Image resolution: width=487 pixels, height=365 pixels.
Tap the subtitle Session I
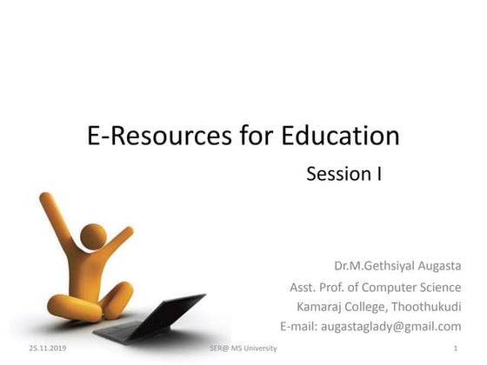pyautogui.click(x=344, y=174)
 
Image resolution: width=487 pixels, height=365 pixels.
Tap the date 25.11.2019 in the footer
pyautogui.click(x=47, y=348)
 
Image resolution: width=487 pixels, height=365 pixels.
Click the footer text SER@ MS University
pyautogui.click(x=243, y=348)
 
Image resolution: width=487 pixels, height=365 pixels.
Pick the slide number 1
pyautogui.click(x=455, y=348)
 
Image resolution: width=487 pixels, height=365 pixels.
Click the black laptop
pyautogui.click(x=152, y=317)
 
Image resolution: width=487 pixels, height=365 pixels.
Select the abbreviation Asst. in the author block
pyautogui.click(x=304, y=287)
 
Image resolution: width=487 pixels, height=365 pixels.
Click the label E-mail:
pyautogui.click(x=301, y=327)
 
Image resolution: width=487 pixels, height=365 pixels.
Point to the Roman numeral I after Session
pyautogui.click(x=379, y=174)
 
